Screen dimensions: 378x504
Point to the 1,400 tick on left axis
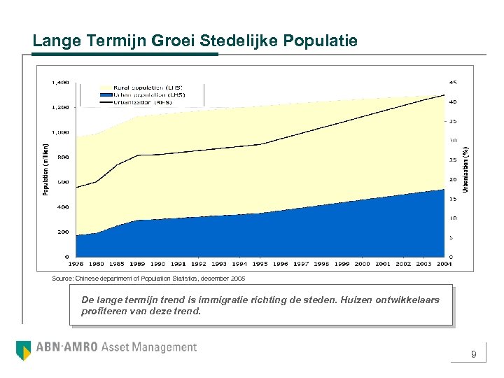pyautogui.click(x=60, y=83)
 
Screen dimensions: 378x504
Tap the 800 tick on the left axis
pyautogui.click(x=63, y=157)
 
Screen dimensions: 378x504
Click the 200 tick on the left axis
pyautogui.click(x=63, y=232)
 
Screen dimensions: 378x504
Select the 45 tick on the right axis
pyautogui.click(x=452, y=83)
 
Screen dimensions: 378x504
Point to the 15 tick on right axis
pyautogui.click(x=452, y=199)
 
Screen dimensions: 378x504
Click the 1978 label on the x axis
pyautogui.click(x=77, y=264)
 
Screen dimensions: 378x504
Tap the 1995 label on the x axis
pyautogui.click(x=260, y=264)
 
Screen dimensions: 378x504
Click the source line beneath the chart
pyautogui.click(x=148, y=279)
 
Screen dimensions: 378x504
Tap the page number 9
pyautogui.click(x=474, y=355)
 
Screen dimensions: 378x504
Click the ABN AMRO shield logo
pyautogui.click(x=23, y=348)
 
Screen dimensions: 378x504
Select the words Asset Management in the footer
pyautogui.click(x=149, y=347)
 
